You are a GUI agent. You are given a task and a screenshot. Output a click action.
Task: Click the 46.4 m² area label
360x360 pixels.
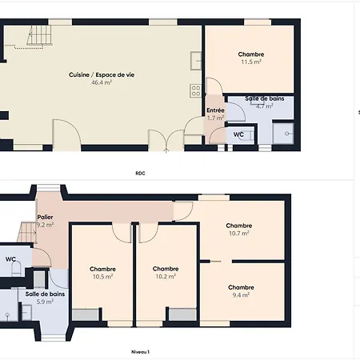pos(102,82)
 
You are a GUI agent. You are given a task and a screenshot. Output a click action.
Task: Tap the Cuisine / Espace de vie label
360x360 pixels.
pos(102,75)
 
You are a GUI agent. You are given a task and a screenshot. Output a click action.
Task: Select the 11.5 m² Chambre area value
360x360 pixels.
pos(251,62)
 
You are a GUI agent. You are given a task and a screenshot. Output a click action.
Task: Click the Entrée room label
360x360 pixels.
pos(215,110)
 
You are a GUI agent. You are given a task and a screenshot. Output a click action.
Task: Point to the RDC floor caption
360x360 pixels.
pos(140,174)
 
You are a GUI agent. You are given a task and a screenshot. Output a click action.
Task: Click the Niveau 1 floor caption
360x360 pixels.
pos(140,352)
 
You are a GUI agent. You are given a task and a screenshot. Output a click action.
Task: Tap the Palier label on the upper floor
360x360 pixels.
pos(45,217)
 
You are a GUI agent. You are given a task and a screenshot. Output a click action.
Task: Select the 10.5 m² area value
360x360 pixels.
pos(102,277)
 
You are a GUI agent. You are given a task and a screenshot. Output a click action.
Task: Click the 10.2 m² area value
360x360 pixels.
pos(166,276)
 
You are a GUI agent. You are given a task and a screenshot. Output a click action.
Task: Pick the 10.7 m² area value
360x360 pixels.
pos(239,233)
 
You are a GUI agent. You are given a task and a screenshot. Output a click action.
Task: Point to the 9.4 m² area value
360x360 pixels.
pos(241,295)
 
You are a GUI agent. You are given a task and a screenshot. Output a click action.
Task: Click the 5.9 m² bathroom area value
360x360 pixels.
pos(45,302)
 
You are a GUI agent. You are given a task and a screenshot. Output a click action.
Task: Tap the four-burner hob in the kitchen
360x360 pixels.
pos(196,90)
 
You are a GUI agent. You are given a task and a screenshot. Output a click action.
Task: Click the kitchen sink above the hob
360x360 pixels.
pos(196,61)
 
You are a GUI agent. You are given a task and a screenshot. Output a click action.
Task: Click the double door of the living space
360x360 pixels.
pos(166,141)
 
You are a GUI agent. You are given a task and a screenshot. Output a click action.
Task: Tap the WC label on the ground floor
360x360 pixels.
pos(238,134)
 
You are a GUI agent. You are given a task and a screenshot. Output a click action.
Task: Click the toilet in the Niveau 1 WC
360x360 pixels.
pos(17,268)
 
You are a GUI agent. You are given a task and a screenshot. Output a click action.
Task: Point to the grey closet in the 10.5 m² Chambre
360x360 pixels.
pos(86,314)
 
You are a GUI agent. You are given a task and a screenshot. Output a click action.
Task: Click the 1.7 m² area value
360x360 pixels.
pos(215,118)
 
